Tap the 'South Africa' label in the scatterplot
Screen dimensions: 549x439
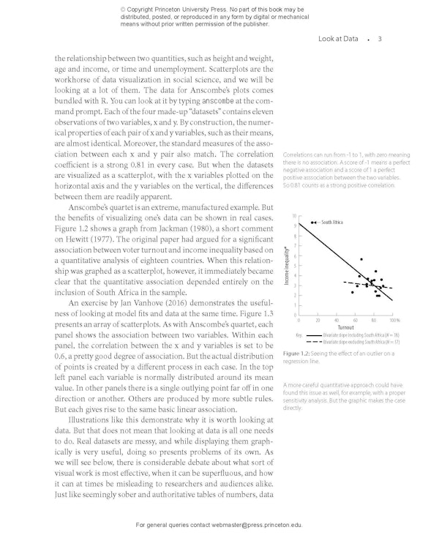(333, 222)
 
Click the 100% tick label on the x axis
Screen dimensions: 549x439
(395, 321)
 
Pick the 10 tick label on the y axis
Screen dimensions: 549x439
(293, 217)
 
